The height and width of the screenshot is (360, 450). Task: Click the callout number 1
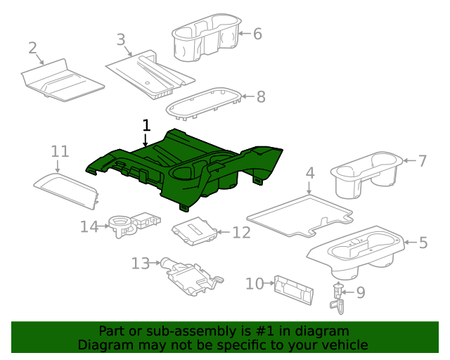coord(146,126)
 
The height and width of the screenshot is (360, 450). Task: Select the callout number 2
coord(32,48)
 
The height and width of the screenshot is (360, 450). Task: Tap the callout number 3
coord(120,39)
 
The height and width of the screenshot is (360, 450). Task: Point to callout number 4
coord(309,172)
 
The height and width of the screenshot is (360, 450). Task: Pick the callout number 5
coord(423,243)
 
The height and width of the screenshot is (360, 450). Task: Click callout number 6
coord(257,33)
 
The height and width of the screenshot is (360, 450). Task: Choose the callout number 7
coord(423,160)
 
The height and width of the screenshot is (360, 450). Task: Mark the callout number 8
coord(261,97)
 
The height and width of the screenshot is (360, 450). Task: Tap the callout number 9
coord(361,291)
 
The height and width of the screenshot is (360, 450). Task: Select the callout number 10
coord(254,283)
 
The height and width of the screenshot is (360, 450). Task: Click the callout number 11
coord(60,151)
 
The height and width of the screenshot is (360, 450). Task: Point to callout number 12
coord(241,232)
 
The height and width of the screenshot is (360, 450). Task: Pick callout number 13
coord(141,263)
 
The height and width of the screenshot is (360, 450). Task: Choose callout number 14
coord(89,226)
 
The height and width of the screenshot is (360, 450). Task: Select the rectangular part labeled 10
coord(293,289)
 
